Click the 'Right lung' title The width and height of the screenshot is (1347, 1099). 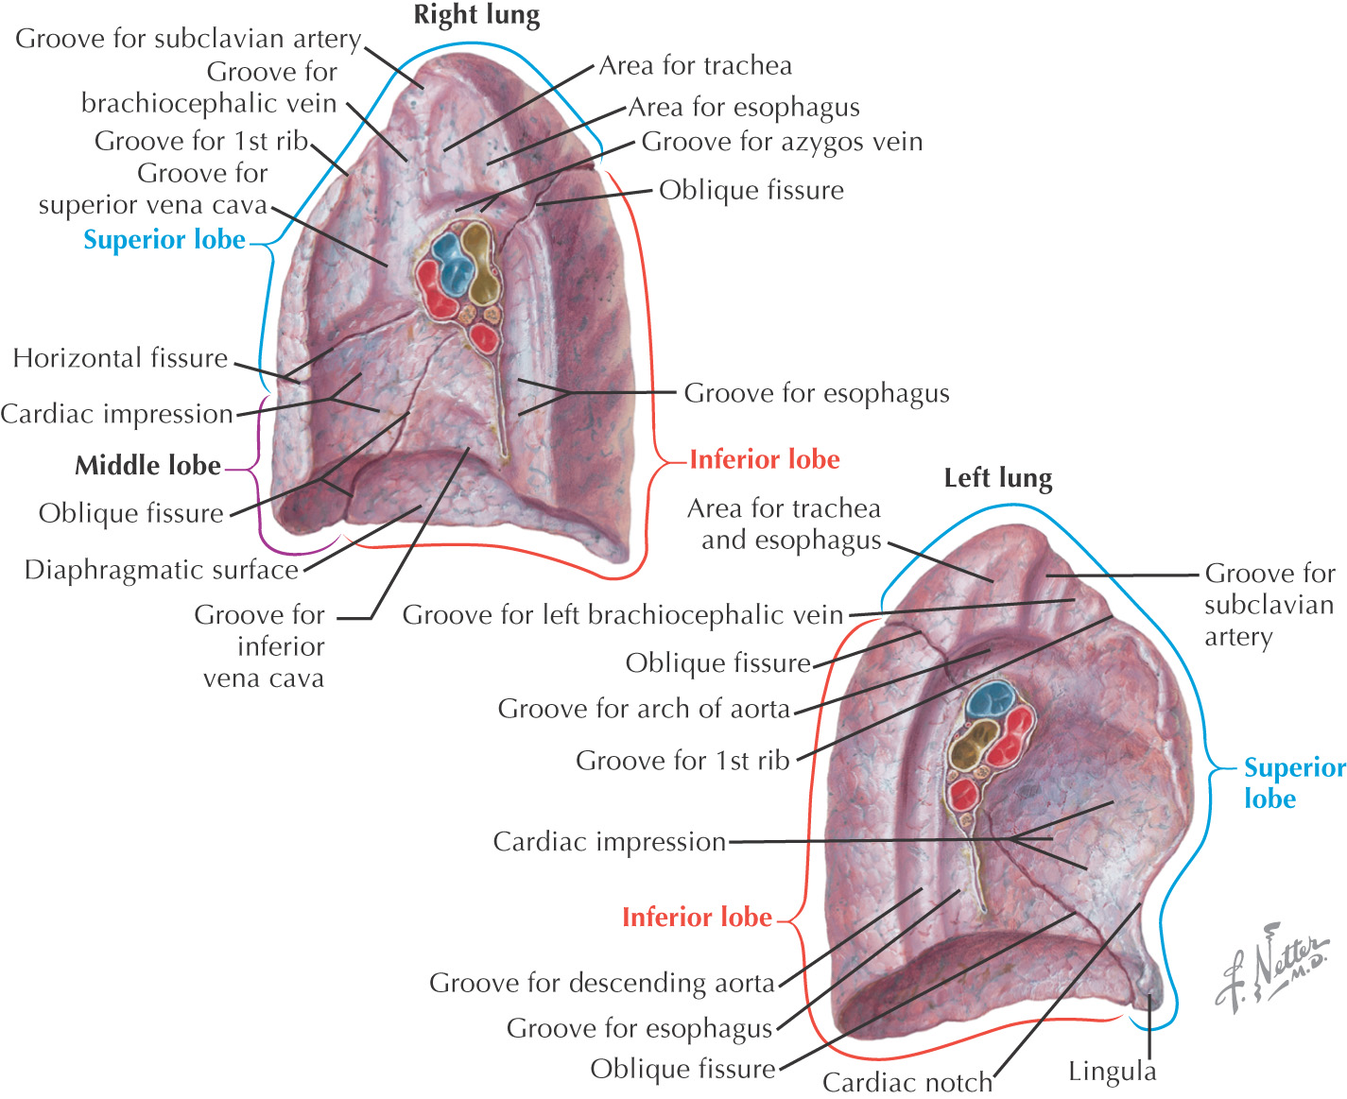[x=476, y=16]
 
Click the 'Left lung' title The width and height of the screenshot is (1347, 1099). [x=997, y=478]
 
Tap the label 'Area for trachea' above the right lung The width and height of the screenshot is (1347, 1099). [x=696, y=65]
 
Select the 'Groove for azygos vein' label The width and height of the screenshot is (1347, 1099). [x=782, y=142]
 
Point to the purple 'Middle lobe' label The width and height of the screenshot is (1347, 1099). [x=148, y=465]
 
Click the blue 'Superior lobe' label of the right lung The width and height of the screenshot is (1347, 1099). [x=164, y=240]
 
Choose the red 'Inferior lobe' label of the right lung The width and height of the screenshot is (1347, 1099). [x=765, y=459]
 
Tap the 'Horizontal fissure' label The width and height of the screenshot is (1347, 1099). [x=121, y=358]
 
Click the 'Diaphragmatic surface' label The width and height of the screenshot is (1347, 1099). [x=162, y=570]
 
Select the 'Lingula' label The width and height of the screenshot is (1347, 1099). [x=1112, y=1072]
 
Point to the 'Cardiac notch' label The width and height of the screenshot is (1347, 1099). [x=907, y=1082]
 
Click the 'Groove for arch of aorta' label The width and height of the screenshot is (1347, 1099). [x=644, y=709]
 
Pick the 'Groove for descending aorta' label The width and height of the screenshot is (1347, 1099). [x=602, y=983]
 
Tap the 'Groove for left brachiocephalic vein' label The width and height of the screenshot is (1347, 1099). [x=623, y=615]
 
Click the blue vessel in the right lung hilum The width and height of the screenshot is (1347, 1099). [x=453, y=261]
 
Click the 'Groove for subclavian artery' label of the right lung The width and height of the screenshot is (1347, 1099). [x=188, y=39]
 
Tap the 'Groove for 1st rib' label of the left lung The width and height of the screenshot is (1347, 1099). [x=682, y=761]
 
